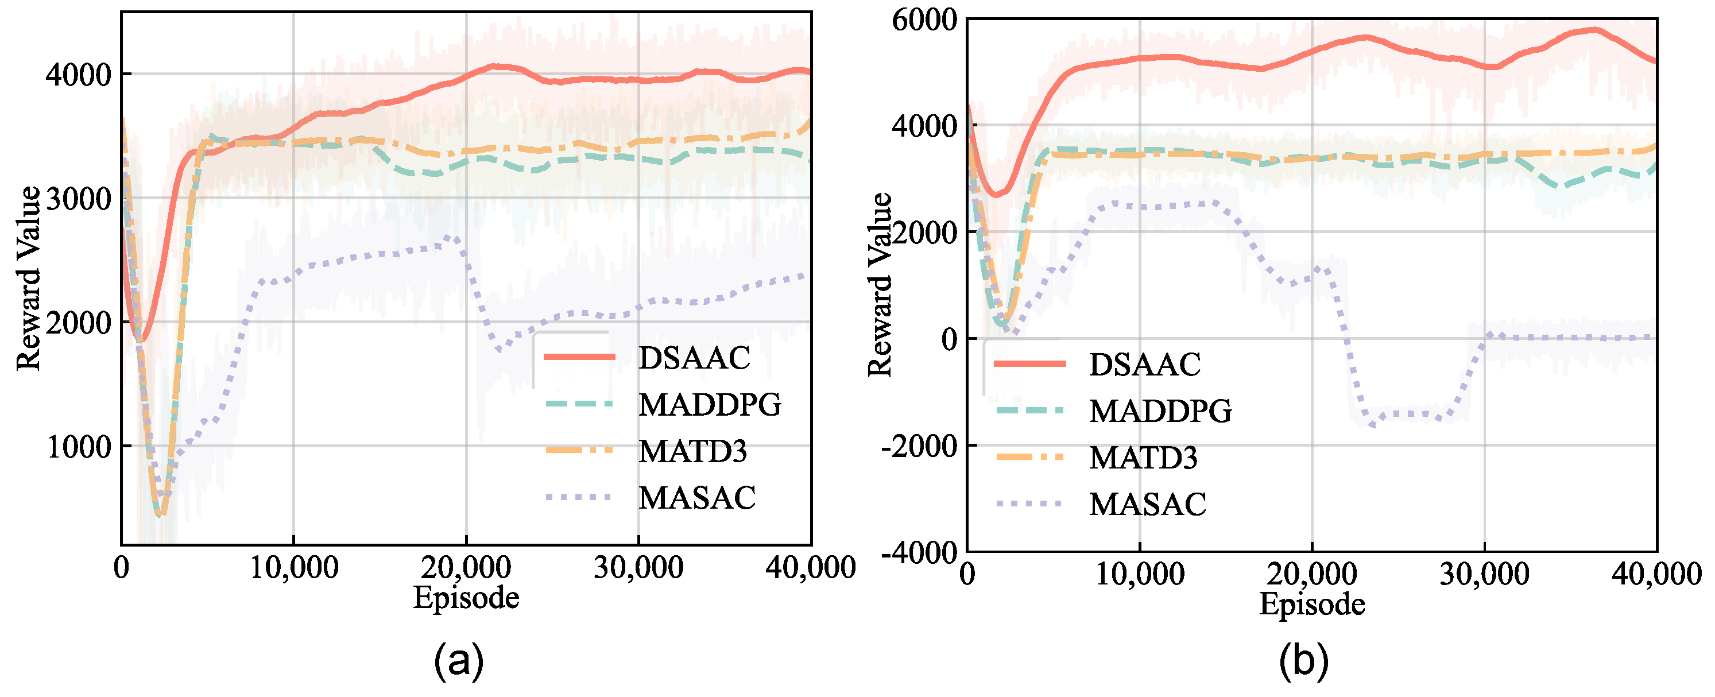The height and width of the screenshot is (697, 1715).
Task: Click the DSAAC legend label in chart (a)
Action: (694, 358)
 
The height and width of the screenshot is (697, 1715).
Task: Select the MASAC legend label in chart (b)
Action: (1147, 504)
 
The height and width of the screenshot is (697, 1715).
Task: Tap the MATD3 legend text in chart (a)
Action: (692, 452)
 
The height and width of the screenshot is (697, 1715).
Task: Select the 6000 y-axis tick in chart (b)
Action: (924, 20)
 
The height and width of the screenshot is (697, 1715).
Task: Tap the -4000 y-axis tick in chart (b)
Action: (919, 552)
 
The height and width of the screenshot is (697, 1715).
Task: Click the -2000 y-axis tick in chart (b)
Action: (919, 446)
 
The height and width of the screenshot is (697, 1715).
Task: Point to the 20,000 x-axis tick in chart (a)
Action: (466, 568)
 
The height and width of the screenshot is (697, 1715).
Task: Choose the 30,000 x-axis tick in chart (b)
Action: (1484, 574)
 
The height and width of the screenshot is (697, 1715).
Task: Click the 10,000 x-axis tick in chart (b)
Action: (1140, 574)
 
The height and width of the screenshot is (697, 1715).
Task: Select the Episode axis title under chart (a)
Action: (466, 597)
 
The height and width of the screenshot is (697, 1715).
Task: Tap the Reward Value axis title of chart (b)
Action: (880, 285)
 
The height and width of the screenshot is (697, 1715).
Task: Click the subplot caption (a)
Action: (458, 661)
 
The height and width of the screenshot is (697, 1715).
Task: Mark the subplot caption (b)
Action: (1303, 661)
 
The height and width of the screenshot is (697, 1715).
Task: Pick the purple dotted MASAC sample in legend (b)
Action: (1029, 504)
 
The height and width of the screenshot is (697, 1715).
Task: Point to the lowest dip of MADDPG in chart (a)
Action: (158, 514)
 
